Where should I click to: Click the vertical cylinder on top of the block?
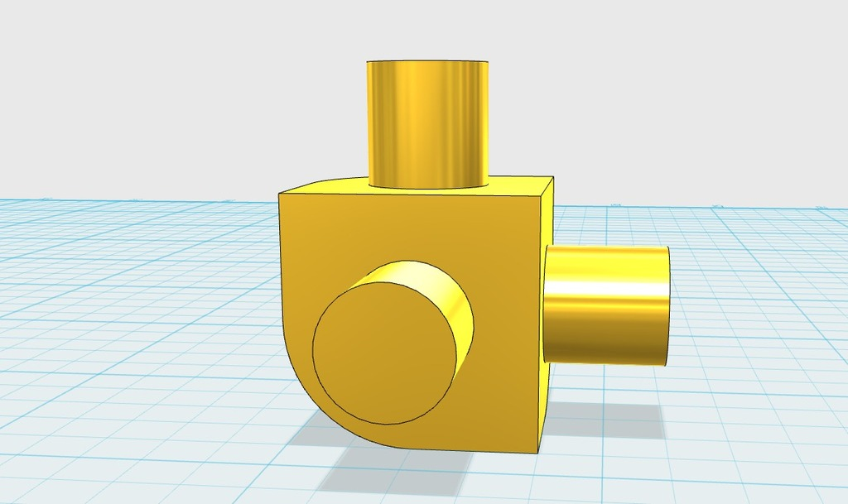coord(427,124)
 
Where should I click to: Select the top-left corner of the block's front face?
coord(279,194)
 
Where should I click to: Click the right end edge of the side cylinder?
coord(668,305)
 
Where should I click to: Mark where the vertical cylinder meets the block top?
coord(427,186)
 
